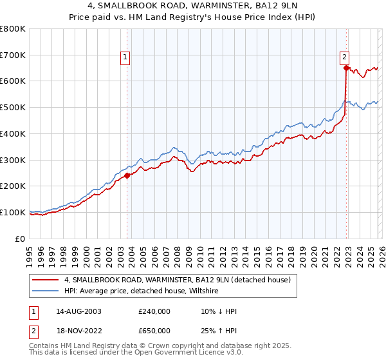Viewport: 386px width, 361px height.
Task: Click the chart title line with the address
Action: (x=192, y=6)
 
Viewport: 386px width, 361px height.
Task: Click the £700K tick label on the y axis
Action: (x=13, y=55)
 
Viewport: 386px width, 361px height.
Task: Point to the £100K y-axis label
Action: (x=13, y=212)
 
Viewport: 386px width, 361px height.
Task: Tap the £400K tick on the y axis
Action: (x=13, y=133)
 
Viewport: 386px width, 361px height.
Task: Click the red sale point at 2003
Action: (x=127, y=175)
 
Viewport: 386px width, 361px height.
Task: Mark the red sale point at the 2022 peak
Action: (x=346, y=68)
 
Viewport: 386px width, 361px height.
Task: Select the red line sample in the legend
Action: (x=46, y=280)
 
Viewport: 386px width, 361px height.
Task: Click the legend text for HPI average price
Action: (x=142, y=291)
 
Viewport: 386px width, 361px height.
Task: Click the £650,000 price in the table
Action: (x=154, y=331)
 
